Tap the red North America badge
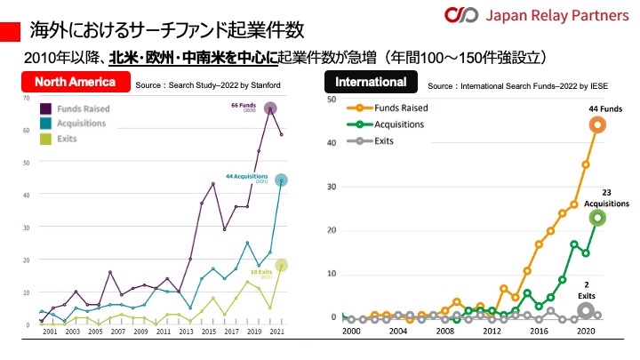76,83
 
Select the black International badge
371,83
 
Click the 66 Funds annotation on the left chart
243,107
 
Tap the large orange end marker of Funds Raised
597,124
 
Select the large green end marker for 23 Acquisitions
597,217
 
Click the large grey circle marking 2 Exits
586,310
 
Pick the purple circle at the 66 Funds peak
270,108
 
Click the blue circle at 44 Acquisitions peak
281,180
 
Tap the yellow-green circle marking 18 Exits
281,265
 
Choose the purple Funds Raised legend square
44,108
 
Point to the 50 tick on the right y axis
330,100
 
